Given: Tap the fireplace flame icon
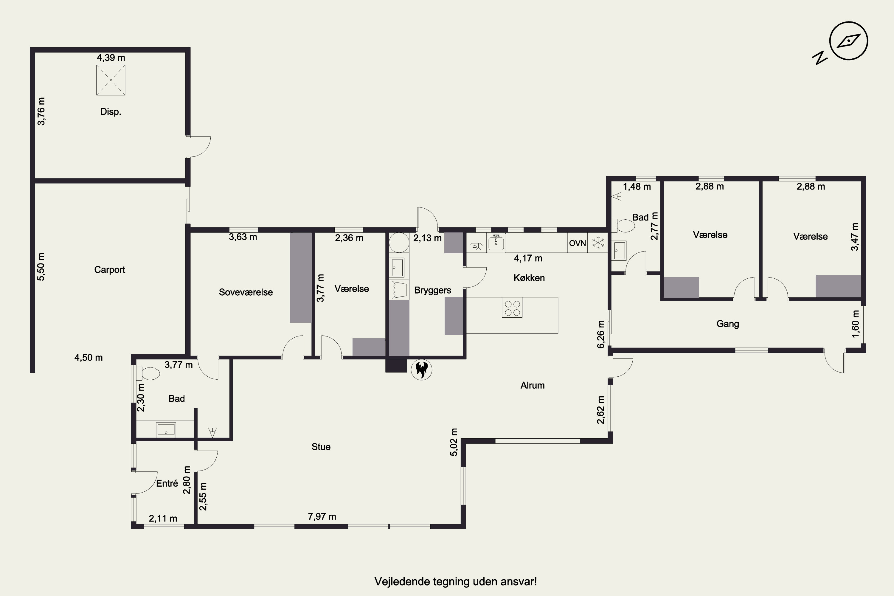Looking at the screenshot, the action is (x=422, y=370).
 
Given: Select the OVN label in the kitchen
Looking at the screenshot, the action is (x=578, y=243).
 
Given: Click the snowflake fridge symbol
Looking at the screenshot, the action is (x=598, y=243).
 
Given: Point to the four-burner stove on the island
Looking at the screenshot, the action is (x=512, y=308).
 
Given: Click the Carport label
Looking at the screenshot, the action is (x=109, y=269).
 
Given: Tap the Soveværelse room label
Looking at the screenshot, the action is (x=246, y=292).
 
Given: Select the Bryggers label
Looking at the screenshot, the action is (x=433, y=290).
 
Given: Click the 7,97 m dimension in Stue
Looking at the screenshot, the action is (x=322, y=516).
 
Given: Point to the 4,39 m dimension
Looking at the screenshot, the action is (x=111, y=58).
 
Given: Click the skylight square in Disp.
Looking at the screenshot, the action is (x=111, y=80).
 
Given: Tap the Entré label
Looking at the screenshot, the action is (x=167, y=483).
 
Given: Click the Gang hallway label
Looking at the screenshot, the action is (x=727, y=324).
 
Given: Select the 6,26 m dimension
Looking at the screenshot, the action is (x=600, y=334).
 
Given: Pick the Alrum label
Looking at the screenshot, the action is (x=532, y=385).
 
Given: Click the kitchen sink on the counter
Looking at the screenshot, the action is (x=496, y=243).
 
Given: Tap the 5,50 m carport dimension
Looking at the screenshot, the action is (x=41, y=267).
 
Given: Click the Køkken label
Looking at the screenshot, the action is (x=529, y=278).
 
